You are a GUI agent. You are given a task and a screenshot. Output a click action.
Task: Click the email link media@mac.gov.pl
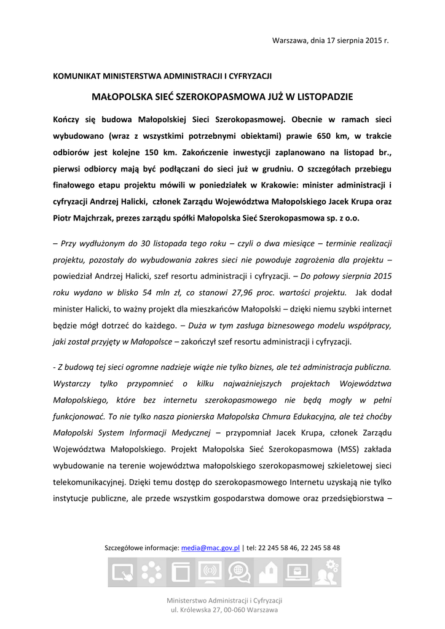click(x=210, y=547)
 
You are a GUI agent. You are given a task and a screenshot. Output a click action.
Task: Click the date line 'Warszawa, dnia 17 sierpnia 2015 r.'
click(x=331, y=41)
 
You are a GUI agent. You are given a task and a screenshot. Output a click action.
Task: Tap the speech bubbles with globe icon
click(x=238, y=572)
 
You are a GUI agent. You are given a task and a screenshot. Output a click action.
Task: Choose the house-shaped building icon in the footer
click(x=267, y=572)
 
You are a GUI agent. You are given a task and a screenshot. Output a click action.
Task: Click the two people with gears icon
click(x=326, y=572)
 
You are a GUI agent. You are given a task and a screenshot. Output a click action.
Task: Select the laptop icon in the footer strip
click(x=297, y=572)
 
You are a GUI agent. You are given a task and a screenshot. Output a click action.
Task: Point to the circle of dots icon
click(x=151, y=572)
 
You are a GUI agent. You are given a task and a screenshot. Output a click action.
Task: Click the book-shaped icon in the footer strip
click(x=180, y=572)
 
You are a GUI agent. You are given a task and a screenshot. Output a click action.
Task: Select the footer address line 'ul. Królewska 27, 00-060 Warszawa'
click(x=224, y=610)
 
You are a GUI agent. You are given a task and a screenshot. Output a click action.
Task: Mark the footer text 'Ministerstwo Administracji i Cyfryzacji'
click(x=224, y=600)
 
